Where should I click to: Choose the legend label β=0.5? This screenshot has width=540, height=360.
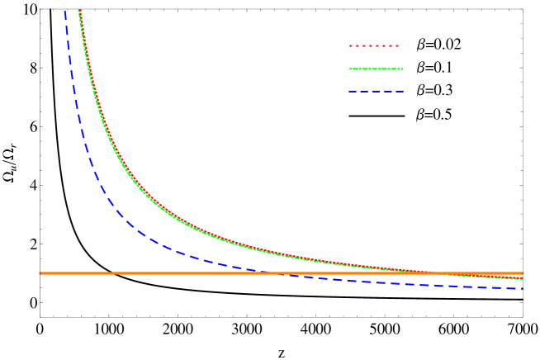tap(435, 114)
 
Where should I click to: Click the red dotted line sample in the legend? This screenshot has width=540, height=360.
tap(374, 45)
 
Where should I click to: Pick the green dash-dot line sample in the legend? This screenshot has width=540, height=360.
tap(374, 67)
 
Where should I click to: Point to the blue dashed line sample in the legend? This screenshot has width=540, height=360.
tap(374, 89)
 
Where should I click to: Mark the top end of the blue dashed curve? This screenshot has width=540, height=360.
tap(64, 10)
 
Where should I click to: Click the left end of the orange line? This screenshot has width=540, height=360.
tap(40, 272)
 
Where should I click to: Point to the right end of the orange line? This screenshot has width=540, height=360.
tap(523, 272)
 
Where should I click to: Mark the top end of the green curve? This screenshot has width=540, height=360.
tap(78, 10)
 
